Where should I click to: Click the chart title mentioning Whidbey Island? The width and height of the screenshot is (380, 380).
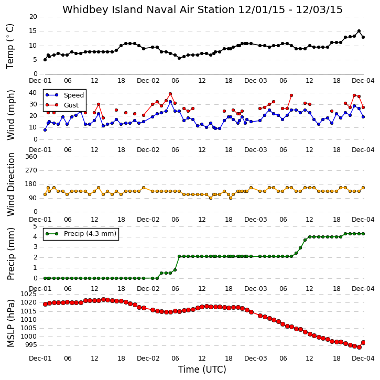point(202,9)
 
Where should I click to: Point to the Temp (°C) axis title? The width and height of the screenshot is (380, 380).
point(10,46)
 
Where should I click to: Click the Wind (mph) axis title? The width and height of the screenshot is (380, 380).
point(10,115)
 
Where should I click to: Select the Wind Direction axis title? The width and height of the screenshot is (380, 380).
point(10,184)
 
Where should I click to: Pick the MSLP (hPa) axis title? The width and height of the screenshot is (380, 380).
point(10,323)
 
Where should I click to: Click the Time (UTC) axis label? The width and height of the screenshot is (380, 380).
point(202,370)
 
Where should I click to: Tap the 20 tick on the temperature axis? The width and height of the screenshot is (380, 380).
point(33,17)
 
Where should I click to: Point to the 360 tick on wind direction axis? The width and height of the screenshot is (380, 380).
point(31,157)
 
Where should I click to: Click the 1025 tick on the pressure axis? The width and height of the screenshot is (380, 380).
point(29,294)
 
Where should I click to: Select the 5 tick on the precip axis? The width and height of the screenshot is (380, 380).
point(36,226)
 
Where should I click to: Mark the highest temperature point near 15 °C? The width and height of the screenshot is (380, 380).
point(359,31)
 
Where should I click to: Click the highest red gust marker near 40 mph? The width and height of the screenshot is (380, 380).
point(170,94)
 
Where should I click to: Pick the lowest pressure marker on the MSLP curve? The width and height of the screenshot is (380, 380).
point(359,347)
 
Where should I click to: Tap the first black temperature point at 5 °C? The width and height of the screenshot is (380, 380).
point(45,60)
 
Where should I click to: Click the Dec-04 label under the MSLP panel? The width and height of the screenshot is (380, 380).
point(363,358)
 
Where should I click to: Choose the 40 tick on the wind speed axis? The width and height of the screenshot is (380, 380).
point(33,93)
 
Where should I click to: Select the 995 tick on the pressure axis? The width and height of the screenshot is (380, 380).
point(30,345)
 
